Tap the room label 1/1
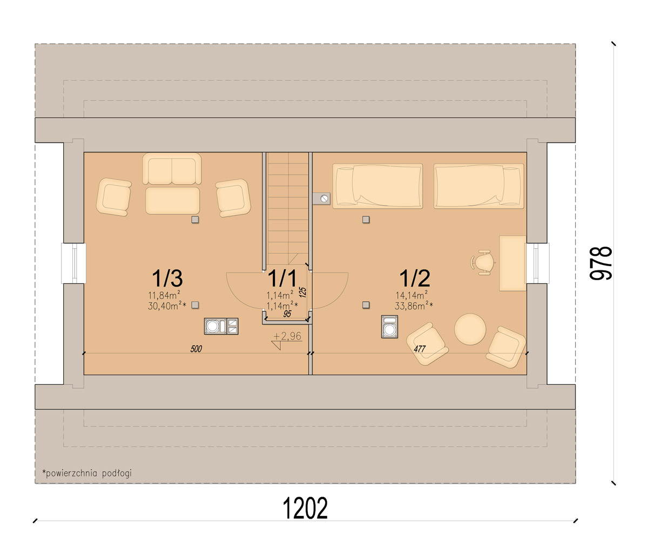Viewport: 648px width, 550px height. [x=282, y=278]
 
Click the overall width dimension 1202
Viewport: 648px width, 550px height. [x=305, y=508]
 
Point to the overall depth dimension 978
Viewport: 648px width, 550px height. [x=600, y=263]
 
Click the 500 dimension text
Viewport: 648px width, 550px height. [x=196, y=349]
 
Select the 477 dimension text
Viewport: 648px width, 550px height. [x=420, y=349]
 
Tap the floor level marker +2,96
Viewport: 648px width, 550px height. [x=287, y=336]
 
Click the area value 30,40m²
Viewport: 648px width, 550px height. [x=167, y=306]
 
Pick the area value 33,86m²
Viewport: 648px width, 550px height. [x=414, y=306]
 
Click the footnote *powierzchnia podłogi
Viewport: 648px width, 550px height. [x=87, y=473]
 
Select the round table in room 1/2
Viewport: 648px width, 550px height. [x=470, y=329]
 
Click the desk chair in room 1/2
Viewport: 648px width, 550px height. [x=482, y=262]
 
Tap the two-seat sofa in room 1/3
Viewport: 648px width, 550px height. [x=172, y=168]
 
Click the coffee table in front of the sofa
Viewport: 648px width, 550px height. [x=173, y=201]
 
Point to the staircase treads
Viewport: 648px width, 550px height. [x=288, y=208]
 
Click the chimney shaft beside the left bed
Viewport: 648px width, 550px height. [x=321, y=198]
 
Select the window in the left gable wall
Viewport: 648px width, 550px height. [x=73, y=263]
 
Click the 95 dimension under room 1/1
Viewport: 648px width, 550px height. [x=287, y=314]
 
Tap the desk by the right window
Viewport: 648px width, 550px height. [x=512, y=263]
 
